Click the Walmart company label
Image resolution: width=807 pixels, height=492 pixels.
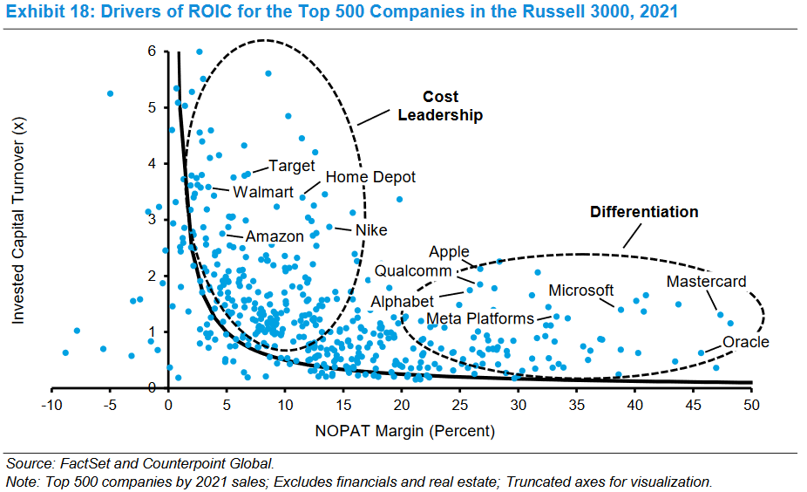pyautogui.click(x=263, y=192)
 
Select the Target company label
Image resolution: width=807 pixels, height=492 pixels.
pyautogui.click(x=291, y=166)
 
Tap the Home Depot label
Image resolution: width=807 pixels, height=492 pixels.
pyautogui.click(x=370, y=177)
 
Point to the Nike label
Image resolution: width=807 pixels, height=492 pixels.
pyautogui.click(x=370, y=230)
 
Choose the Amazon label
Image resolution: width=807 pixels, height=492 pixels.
pyautogui.click(x=275, y=236)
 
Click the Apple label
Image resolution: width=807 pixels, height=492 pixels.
pyautogui.click(x=449, y=252)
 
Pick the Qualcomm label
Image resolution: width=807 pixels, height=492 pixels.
pyautogui.click(x=413, y=271)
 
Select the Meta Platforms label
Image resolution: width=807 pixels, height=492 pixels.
pyautogui.click(x=479, y=318)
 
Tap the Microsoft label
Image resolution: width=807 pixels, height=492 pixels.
pyautogui.click(x=580, y=290)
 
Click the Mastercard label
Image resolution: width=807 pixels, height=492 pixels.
pyautogui.click(x=706, y=282)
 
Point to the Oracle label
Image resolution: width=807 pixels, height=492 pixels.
pyautogui.click(x=745, y=342)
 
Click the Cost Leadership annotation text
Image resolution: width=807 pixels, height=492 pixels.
pyautogui.click(x=440, y=106)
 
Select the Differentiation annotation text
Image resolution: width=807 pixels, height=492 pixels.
pyautogui.click(x=644, y=212)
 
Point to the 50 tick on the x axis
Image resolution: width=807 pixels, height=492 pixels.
pyautogui.click(x=751, y=405)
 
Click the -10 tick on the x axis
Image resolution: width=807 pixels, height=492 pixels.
pyautogui.click(x=51, y=405)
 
